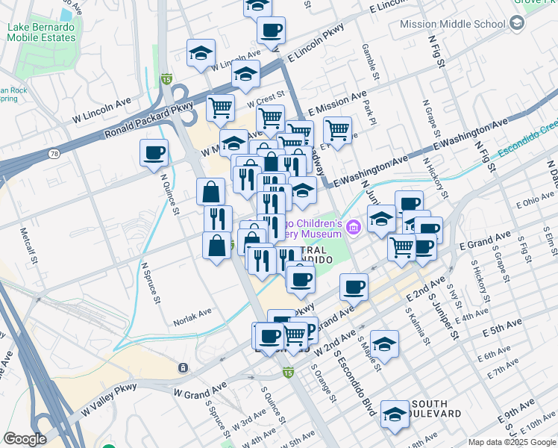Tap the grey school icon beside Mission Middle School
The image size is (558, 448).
click(516, 23)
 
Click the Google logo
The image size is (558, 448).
click(25, 439)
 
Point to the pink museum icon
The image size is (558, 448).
click(354, 226)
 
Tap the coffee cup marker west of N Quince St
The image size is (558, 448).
click(154, 152)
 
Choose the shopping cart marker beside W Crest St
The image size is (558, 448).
click(221, 108)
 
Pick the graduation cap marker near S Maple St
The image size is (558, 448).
click(384, 343)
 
